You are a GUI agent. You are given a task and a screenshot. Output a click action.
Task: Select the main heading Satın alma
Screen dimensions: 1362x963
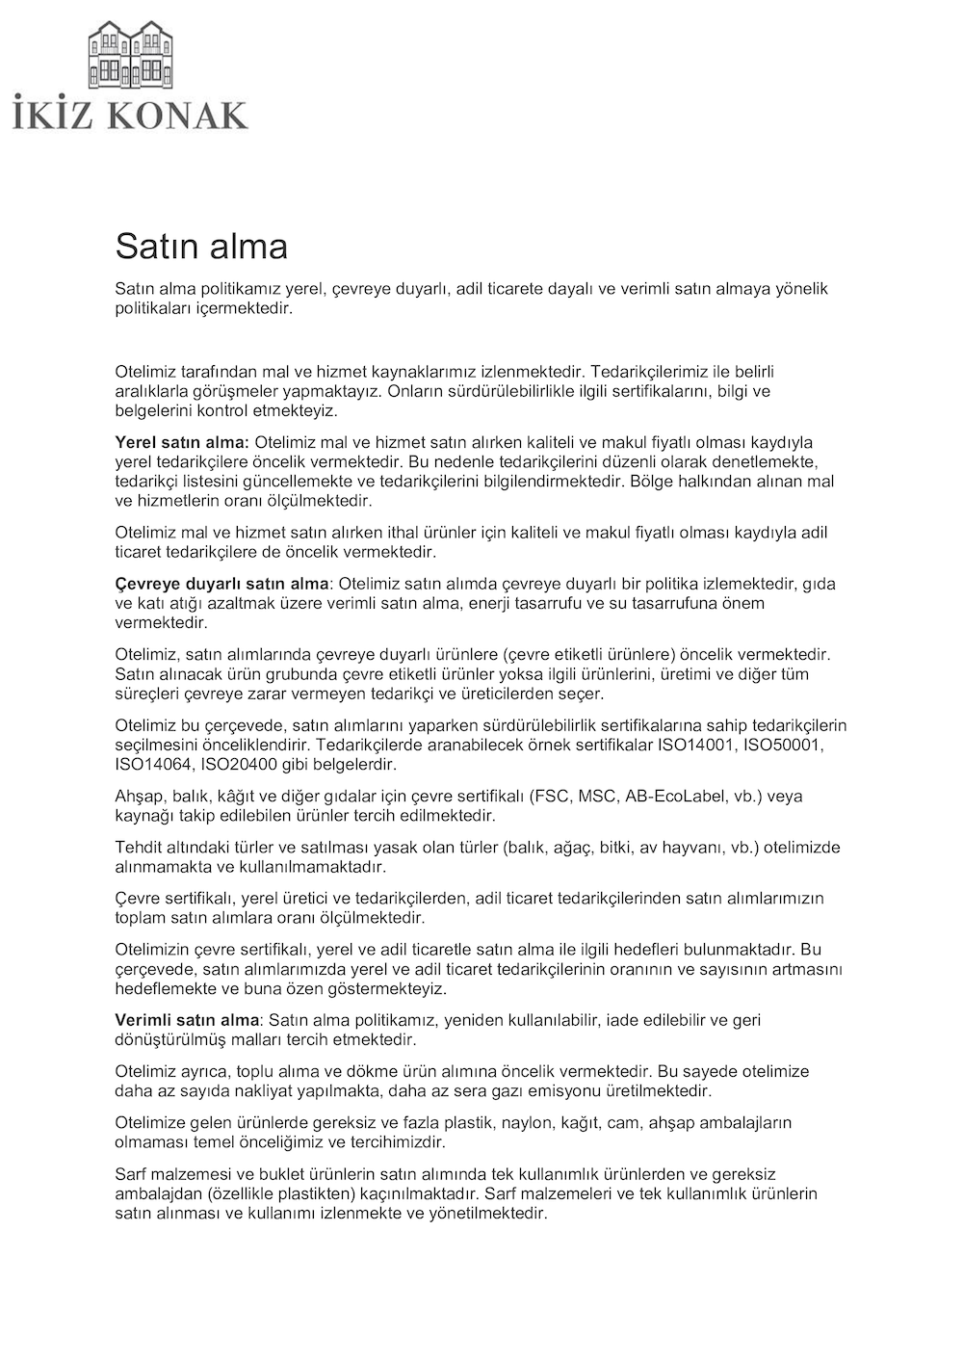(x=201, y=247)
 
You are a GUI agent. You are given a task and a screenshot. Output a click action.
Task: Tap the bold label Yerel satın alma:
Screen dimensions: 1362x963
(x=182, y=442)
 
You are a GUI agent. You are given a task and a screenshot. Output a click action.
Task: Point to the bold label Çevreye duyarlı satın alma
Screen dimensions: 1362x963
(x=222, y=584)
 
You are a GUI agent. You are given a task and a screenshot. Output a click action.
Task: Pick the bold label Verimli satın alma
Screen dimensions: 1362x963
(x=187, y=1020)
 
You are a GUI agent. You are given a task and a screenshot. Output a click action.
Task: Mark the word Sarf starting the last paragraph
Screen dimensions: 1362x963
(x=132, y=1174)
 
